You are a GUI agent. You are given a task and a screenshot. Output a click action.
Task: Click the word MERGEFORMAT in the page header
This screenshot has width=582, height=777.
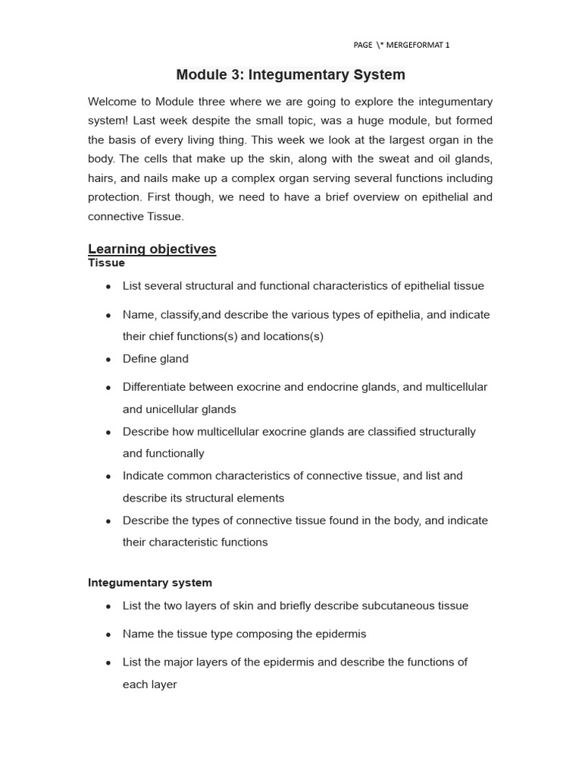point(415,45)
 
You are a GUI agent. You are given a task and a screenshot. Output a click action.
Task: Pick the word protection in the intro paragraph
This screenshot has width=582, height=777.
point(114,197)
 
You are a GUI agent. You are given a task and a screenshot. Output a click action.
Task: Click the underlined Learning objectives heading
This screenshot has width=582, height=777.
point(152,249)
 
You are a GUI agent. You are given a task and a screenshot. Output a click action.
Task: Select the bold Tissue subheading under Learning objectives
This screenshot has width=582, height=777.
point(106,263)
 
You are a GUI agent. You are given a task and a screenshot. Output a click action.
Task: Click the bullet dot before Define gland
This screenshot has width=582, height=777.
point(108,359)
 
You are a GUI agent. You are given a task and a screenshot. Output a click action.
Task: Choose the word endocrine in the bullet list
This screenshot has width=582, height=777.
point(332,387)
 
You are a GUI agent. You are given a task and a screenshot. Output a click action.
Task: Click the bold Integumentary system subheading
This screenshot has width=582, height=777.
point(150,583)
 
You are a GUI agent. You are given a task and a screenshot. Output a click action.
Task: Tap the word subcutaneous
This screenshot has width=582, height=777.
point(379,606)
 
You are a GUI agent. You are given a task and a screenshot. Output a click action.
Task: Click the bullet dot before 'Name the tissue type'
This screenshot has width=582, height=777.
point(108,634)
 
